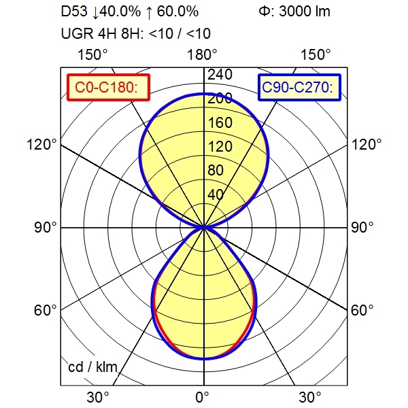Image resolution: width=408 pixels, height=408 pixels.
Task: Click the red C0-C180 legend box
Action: [x=107, y=86]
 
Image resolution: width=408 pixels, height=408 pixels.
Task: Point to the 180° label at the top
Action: [x=203, y=54]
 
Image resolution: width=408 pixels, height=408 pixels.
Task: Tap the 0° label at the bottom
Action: [x=203, y=396]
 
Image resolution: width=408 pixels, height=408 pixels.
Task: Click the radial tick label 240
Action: [x=219, y=74]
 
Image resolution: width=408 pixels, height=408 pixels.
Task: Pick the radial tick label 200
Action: [x=219, y=99]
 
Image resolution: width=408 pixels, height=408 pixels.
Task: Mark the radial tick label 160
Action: [x=219, y=123]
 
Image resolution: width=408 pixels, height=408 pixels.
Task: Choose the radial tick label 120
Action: [x=219, y=147]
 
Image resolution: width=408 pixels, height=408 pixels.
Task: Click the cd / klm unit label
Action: [x=93, y=368]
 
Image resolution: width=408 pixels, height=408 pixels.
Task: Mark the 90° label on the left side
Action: [x=46, y=227]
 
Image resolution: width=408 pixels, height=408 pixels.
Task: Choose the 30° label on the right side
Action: [x=311, y=396]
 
